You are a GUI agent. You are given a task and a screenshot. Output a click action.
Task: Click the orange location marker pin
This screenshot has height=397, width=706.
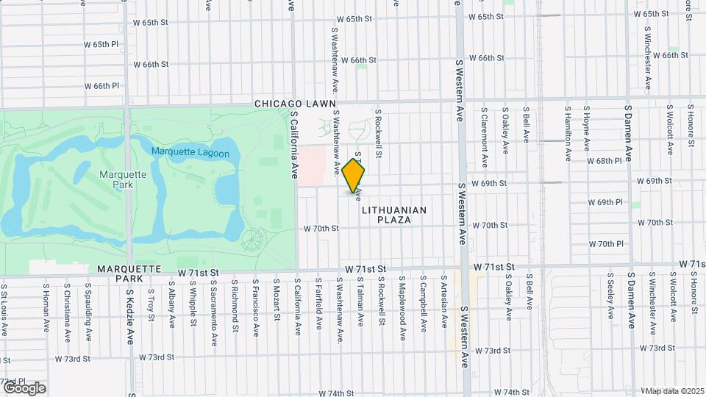354,176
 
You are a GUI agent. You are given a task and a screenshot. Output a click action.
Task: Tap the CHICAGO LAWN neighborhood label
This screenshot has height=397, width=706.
295,104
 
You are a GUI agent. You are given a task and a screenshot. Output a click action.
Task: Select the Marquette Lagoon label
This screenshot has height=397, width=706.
190,153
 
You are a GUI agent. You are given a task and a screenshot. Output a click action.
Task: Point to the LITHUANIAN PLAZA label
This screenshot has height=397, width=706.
394,215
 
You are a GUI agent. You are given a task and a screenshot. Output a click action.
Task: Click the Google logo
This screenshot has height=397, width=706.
24,387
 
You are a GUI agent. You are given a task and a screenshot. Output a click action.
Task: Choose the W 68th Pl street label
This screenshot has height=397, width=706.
605,160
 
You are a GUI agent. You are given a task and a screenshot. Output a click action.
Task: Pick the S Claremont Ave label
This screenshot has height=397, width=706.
485,137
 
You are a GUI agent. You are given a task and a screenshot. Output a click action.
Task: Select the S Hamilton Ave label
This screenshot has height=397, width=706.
568,135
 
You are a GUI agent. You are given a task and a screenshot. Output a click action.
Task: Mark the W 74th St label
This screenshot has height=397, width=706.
512,393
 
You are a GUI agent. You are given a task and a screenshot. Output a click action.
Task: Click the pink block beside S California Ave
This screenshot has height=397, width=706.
311,165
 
